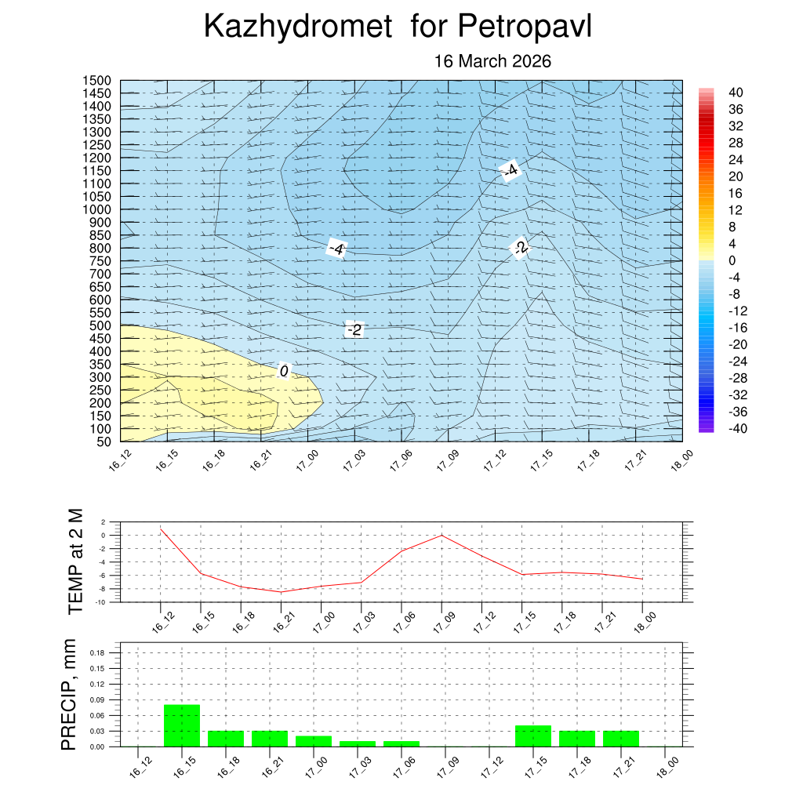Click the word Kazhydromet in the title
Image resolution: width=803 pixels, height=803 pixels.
coord(297,27)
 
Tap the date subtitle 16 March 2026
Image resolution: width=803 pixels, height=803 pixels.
coord(492,61)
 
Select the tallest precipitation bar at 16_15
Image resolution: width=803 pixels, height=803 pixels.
coord(182,725)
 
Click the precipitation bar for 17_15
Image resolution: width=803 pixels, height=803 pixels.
coord(533,736)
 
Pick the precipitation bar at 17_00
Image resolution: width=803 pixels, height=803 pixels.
coord(314,741)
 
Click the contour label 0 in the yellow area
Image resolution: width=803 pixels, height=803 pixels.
coord(284,370)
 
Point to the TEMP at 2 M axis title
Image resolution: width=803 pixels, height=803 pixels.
coord(75,561)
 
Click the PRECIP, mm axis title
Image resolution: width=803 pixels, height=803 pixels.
coord(70,695)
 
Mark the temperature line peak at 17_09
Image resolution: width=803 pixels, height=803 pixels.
coord(441,535)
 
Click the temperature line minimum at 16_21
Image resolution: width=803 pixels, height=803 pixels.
coord(281,592)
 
